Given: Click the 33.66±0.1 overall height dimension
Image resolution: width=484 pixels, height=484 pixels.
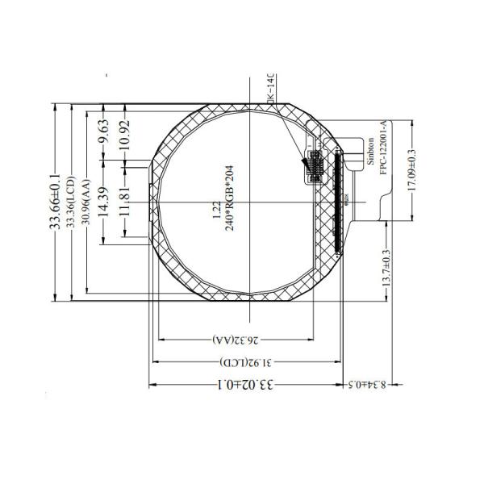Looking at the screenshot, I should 56,202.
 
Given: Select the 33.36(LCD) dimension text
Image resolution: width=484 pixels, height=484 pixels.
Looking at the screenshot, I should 71,202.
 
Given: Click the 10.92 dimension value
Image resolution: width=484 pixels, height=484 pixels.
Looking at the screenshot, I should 123,134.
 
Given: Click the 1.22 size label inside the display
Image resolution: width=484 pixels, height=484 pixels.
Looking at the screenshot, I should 216,211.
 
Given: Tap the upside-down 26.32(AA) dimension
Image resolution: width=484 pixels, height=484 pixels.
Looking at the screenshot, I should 240,336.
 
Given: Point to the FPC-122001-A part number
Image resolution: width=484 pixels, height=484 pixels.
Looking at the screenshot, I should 384,152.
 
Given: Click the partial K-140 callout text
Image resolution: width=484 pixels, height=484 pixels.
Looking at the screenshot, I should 271,88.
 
